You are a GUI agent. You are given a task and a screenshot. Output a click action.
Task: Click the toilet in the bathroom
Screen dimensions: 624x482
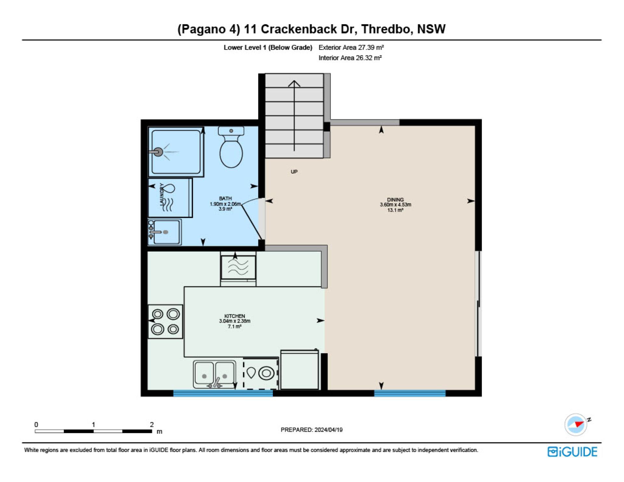point(231,147)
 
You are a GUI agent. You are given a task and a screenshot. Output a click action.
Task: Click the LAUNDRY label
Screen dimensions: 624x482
point(162,194)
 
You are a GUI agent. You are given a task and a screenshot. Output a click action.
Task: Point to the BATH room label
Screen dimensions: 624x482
point(225,198)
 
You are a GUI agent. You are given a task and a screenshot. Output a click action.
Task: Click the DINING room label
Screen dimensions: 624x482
point(395,200)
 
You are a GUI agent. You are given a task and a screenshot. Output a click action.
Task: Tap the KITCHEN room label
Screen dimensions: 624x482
point(235,316)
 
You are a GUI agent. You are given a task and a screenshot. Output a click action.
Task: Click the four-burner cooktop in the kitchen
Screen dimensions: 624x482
point(165,322)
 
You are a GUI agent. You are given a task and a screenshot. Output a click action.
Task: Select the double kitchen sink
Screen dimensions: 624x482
point(214,374)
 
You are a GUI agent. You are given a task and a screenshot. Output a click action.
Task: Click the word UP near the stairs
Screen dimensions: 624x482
point(294,172)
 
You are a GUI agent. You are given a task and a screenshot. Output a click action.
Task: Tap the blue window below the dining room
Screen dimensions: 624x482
point(410,393)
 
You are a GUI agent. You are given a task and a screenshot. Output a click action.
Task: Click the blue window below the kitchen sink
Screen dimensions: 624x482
point(223,393)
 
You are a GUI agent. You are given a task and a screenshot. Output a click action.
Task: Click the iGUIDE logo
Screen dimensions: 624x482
point(572,452)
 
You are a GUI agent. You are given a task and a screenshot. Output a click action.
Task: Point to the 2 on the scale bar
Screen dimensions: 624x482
point(152,424)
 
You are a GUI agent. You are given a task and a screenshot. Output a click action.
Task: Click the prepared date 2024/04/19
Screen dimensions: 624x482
point(329,430)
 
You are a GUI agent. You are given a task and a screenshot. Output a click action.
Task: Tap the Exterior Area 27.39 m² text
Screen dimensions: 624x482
point(351,47)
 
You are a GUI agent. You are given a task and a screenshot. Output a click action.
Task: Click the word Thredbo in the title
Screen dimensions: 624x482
point(386,29)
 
